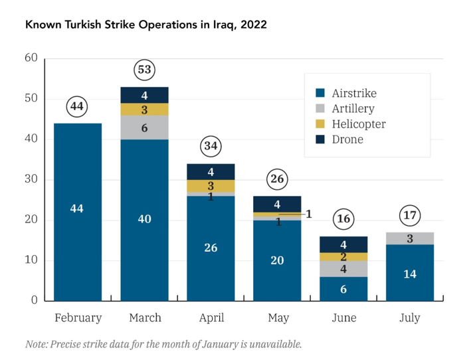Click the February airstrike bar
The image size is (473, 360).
(78, 211)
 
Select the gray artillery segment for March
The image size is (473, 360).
(144, 128)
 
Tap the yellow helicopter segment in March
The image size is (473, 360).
(144, 110)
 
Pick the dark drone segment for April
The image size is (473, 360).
(211, 172)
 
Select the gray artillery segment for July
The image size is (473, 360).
(410, 238)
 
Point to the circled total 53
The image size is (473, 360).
(144, 69)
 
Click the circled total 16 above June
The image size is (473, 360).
(343, 219)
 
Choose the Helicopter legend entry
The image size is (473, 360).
(358, 124)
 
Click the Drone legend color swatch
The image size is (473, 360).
(320, 139)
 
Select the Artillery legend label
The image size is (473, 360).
(353, 108)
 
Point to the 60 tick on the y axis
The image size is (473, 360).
(31, 58)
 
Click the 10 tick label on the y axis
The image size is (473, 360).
(31, 260)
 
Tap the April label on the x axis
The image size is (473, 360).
(211, 318)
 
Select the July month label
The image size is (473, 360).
(410, 318)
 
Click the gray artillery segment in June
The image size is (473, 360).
(343, 268)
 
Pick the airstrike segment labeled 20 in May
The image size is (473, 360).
(277, 260)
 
